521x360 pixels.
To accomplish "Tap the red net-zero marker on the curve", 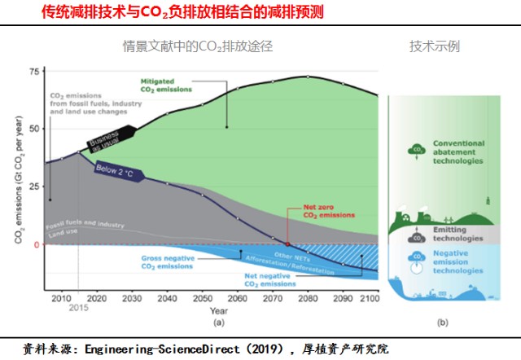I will pos(288,244).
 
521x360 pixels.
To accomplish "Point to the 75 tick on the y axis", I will pos(33,72).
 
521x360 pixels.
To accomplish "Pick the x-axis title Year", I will pos(217,310).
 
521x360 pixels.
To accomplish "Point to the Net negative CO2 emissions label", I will pos(270,283).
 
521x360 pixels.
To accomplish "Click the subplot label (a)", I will pos(218,323).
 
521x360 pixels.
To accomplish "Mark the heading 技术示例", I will pos(434,46).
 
